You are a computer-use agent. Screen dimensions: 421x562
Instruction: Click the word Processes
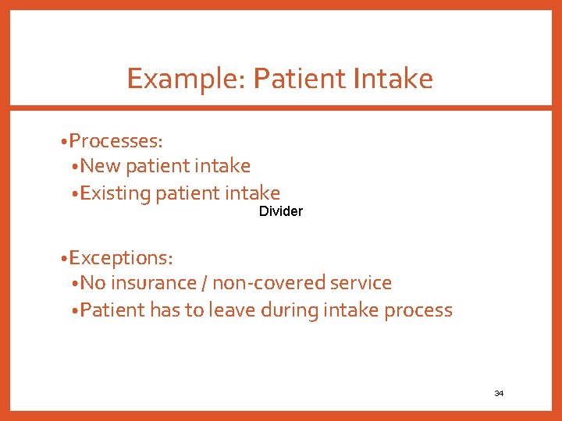pyautogui.click(x=116, y=141)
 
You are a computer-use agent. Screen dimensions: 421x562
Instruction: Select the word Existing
pyautogui.click(x=116, y=193)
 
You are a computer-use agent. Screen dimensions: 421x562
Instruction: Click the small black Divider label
pyautogui.click(x=281, y=211)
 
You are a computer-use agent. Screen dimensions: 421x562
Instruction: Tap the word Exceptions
pyautogui.click(x=121, y=257)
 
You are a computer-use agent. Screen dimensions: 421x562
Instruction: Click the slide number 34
pyautogui.click(x=499, y=393)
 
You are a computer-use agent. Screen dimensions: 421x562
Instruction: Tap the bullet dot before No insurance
pyautogui.click(x=73, y=284)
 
